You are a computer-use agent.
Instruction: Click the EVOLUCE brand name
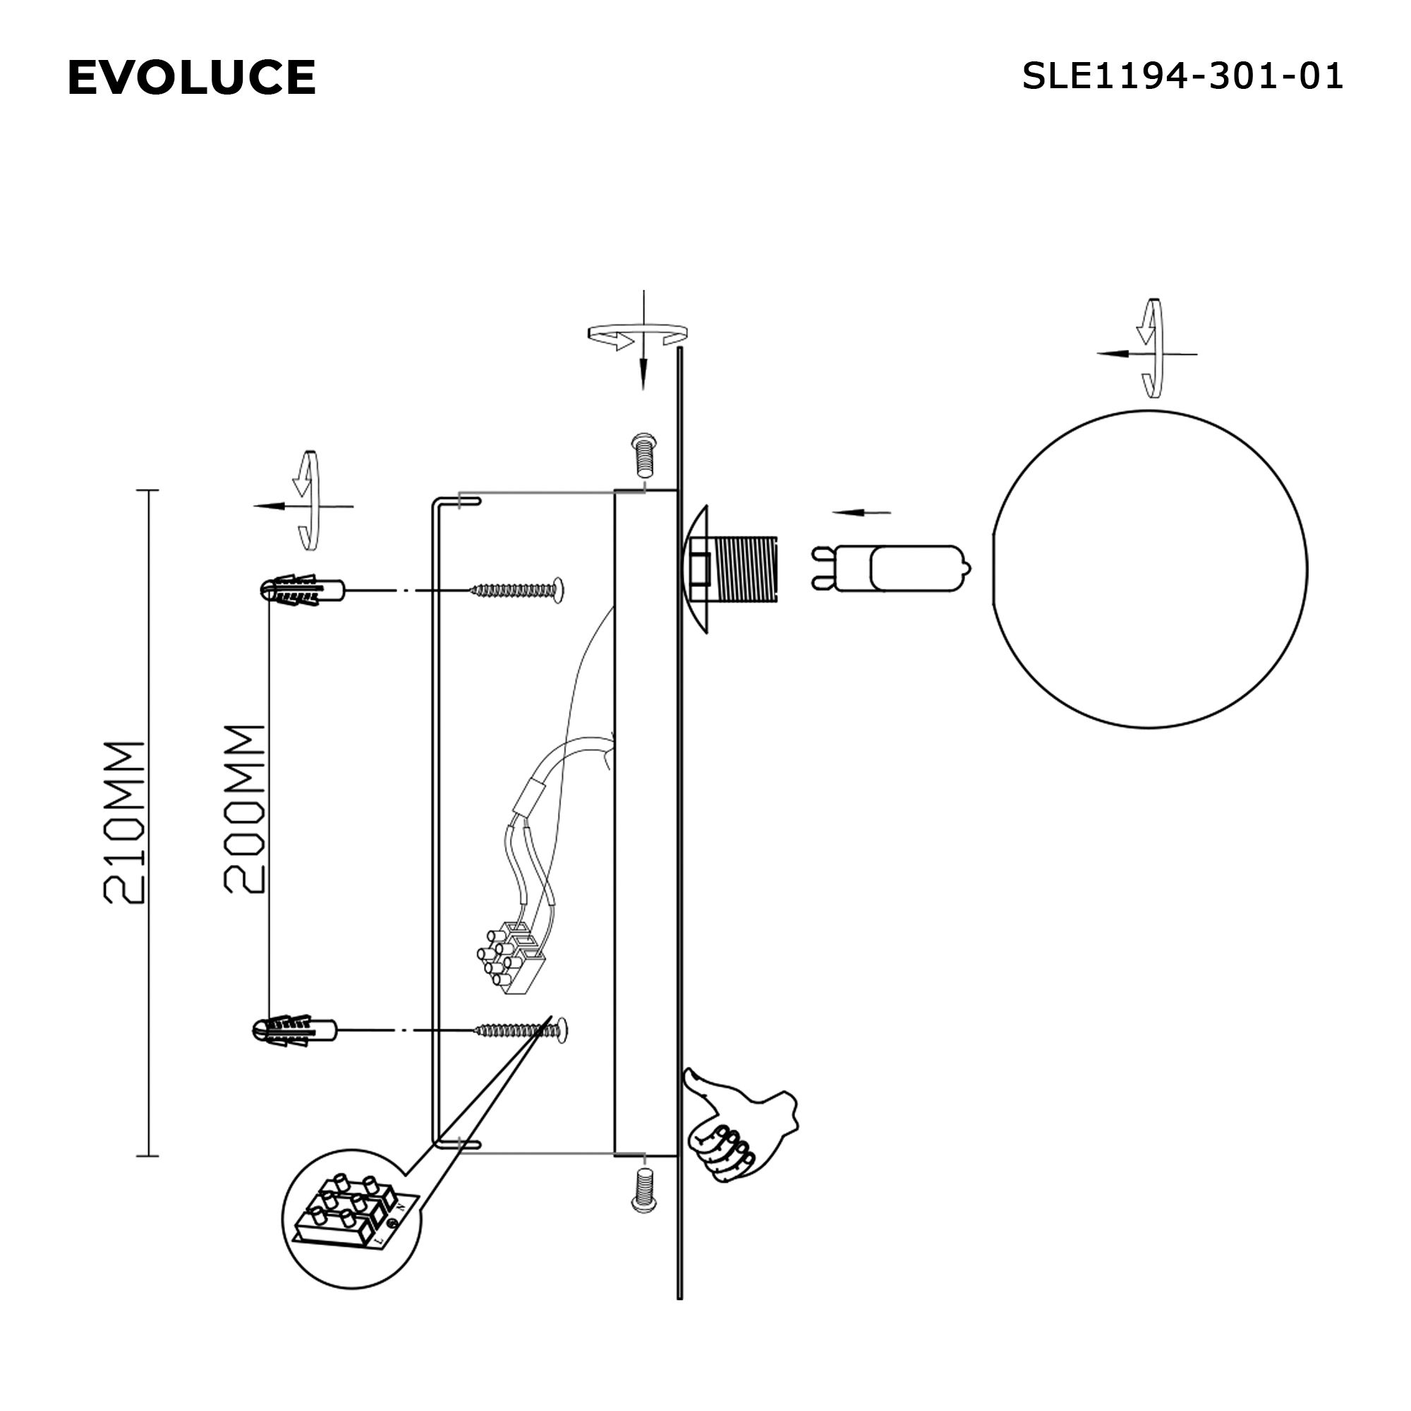click(191, 78)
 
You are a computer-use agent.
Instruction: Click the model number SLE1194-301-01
click(1182, 76)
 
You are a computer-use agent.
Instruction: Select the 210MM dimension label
click(124, 823)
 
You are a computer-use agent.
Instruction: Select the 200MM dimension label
click(244, 809)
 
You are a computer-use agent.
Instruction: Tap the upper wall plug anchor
click(301, 589)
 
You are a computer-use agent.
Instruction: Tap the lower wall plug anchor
click(294, 1031)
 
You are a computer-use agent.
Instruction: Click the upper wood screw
click(519, 589)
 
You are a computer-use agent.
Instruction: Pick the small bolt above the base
click(643, 455)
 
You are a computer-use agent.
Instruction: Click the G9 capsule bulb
click(891, 569)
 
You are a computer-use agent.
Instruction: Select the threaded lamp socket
click(745, 569)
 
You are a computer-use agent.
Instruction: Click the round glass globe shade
click(1149, 569)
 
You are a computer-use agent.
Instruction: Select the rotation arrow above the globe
click(1151, 349)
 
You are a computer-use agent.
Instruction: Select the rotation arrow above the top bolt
click(638, 334)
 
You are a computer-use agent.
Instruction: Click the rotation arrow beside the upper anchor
click(308, 501)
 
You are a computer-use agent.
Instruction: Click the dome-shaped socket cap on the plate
click(698, 569)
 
